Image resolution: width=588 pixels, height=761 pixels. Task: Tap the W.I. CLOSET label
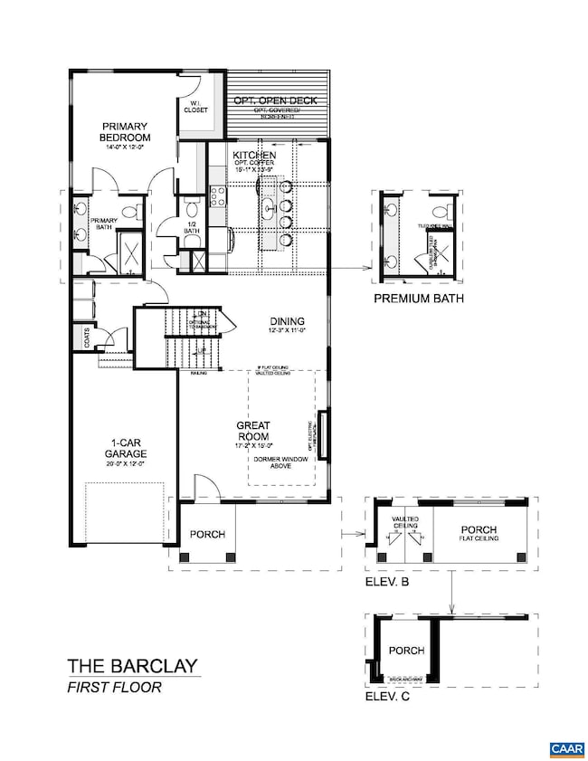click(196, 106)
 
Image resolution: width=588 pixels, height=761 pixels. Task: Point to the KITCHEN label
click(248, 156)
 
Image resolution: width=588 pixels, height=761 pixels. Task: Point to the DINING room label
click(287, 321)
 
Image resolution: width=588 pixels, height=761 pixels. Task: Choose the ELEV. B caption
click(386, 583)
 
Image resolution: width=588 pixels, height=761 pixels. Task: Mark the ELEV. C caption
click(386, 697)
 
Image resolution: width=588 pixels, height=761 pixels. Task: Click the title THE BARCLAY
click(132, 667)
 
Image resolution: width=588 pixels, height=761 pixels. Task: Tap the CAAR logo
click(565, 748)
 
